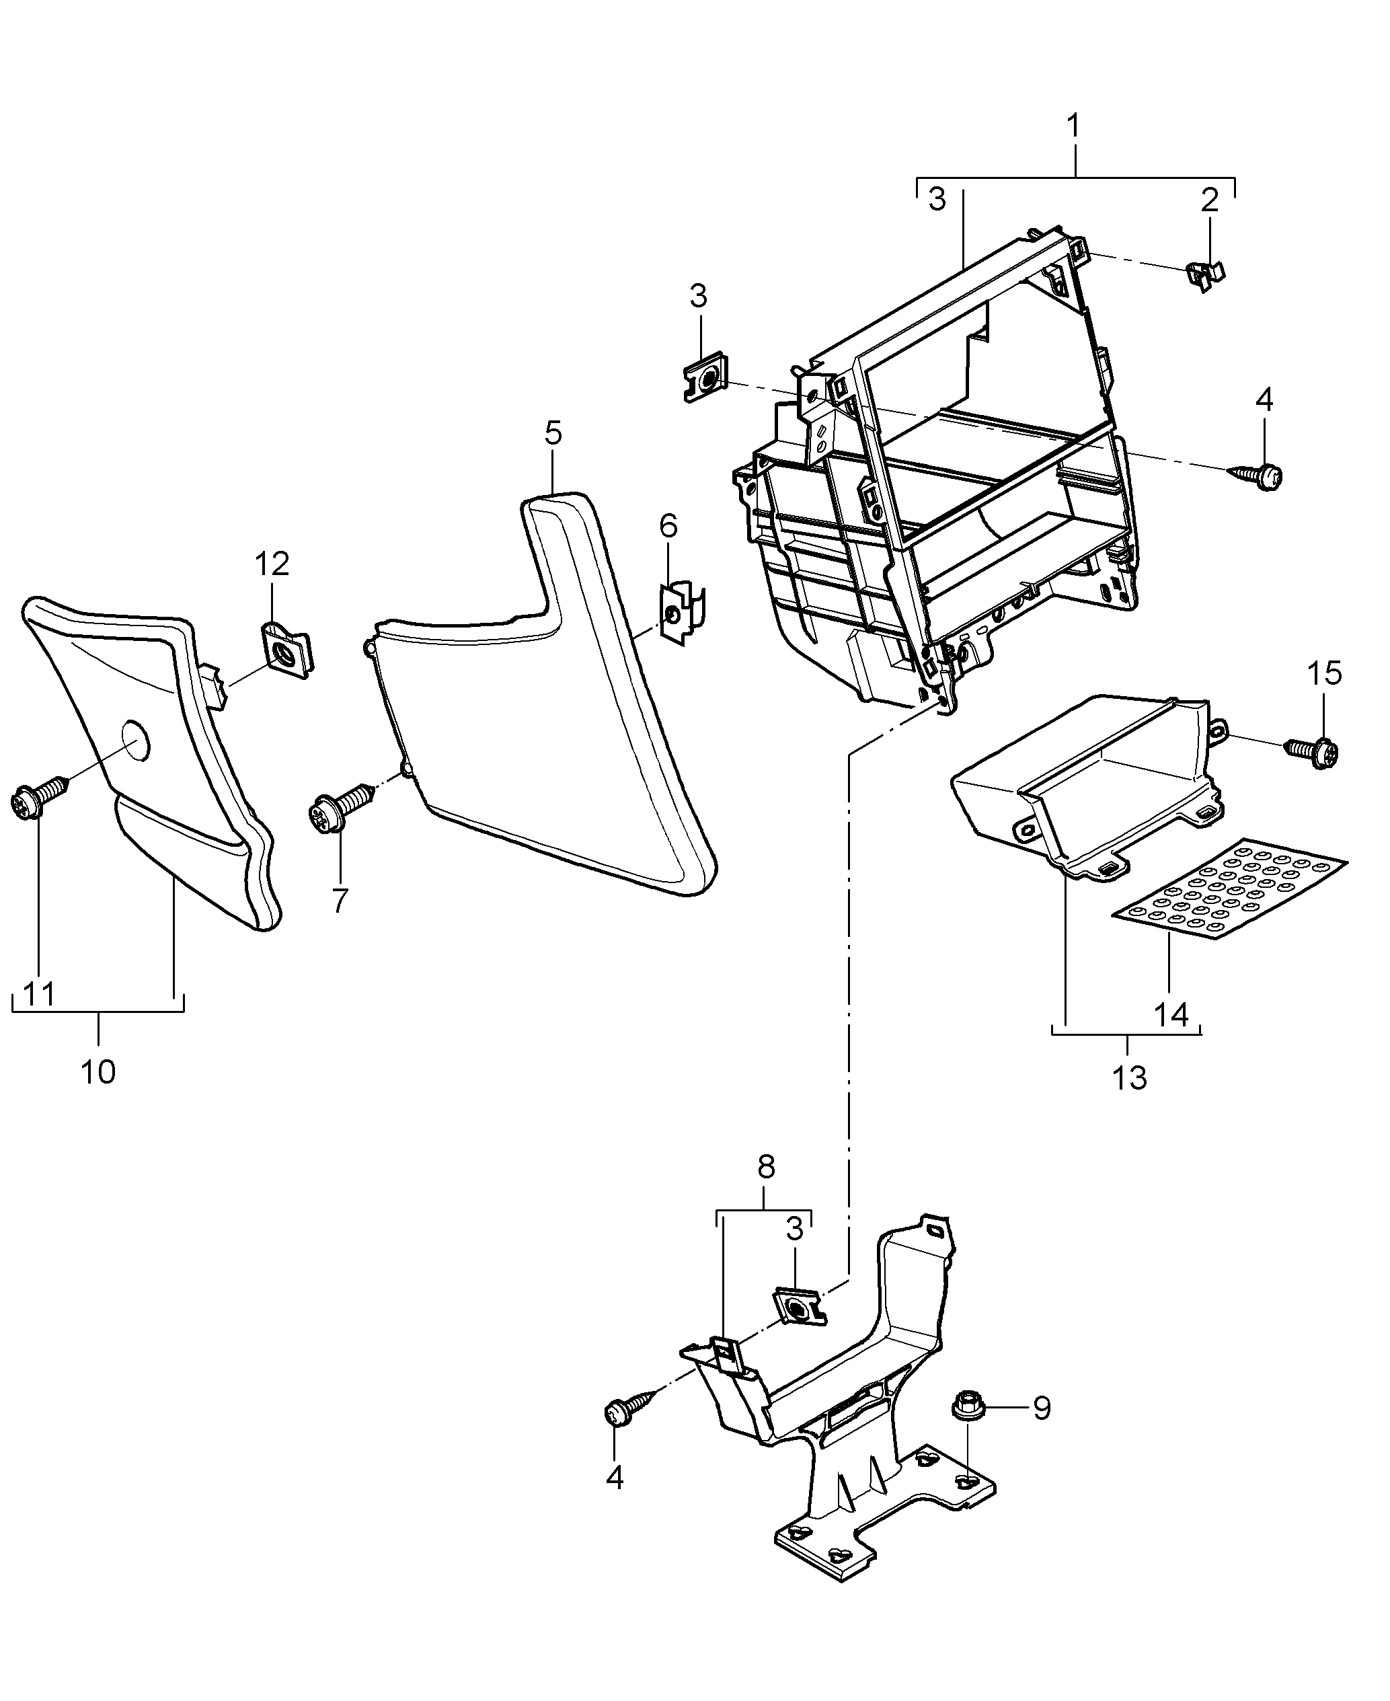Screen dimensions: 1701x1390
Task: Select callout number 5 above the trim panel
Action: tap(553, 433)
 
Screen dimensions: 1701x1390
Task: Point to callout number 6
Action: tap(668, 526)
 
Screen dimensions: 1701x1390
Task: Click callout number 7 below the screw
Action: tap(340, 900)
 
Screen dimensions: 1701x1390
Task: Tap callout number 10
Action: tap(98, 1071)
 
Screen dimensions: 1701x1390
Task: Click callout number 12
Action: tap(272, 564)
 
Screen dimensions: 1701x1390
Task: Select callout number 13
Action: tap(1129, 1078)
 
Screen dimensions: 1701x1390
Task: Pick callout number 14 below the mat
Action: tap(1171, 1015)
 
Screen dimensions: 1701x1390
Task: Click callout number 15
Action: tap(1324, 673)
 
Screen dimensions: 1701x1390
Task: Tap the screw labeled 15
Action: tap(1313, 751)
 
